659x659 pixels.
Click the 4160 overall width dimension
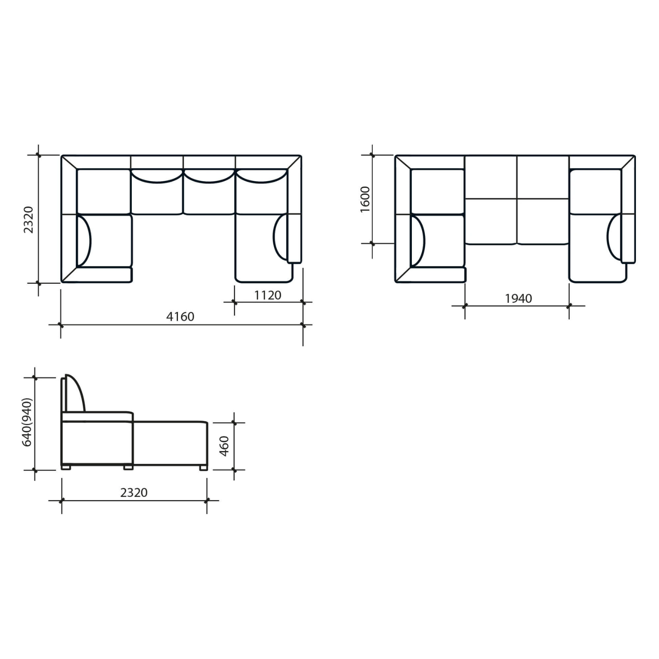(x=180, y=316)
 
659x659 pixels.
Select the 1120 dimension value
(x=268, y=295)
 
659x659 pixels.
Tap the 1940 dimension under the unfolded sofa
(x=519, y=298)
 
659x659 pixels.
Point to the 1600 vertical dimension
(x=365, y=199)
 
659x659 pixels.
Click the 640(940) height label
(x=27, y=422)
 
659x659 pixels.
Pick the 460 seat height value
(x=224, y=446)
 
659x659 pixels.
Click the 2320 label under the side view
(x=134, y=493)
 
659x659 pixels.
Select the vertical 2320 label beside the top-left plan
(x=28, y=220)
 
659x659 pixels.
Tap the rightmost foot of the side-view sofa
(x=203, y=468)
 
